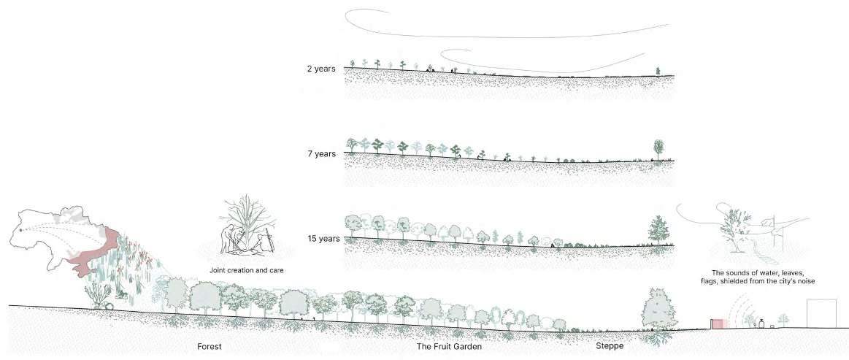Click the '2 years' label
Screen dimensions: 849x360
click(320, 69)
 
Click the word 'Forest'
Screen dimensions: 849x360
click(209, 346)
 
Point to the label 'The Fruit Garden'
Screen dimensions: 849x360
click(449, 346)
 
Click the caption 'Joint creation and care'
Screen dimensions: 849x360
click(246, 270)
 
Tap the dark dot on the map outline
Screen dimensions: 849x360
click(21, 231)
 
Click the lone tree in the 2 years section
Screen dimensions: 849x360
click(658, 71)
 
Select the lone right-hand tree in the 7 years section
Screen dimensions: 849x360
click(659, 149)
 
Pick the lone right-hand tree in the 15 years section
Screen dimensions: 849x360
click(659, 231)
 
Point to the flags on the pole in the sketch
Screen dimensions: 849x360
click(770, 220)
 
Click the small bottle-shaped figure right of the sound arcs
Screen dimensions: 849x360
click(761, 323)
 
